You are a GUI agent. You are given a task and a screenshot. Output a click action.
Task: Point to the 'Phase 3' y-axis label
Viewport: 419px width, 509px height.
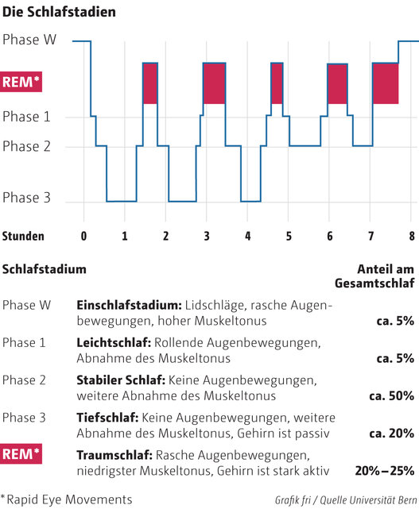(25, 198)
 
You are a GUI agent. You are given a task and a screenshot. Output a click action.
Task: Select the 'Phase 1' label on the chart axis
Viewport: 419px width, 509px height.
(25, 117)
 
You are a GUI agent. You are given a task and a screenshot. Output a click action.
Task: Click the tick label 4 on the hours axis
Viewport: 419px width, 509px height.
(247, 236)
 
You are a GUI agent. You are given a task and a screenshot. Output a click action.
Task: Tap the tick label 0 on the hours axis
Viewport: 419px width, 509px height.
(84, 236)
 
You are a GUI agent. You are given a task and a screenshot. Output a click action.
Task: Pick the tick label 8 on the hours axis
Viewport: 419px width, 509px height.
(411, 236)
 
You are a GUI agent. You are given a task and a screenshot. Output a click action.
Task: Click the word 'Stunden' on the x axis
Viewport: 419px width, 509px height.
(23, 236)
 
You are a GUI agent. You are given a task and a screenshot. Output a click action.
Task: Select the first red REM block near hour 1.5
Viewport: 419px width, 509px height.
(149, 83)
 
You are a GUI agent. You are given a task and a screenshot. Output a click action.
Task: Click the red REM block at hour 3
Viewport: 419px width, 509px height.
(215, 83)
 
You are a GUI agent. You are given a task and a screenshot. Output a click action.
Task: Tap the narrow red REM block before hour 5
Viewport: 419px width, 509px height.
(277, 83)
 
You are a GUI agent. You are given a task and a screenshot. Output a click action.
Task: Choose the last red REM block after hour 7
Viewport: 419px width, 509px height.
(385, 83)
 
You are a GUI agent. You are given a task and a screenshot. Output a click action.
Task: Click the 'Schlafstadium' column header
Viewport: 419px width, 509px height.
(45, 269)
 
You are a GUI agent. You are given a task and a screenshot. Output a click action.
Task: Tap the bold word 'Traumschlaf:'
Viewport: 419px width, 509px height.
(114, 455)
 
